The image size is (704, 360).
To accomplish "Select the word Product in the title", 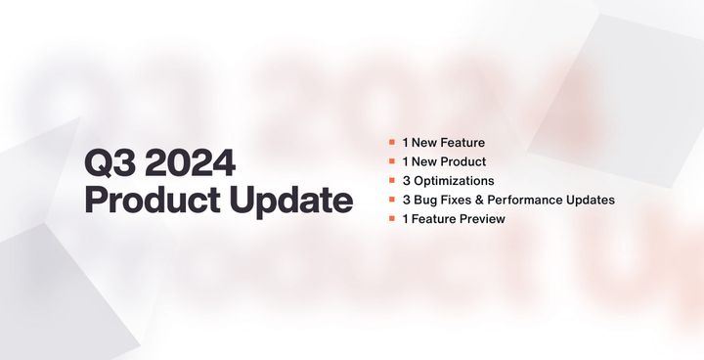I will tap(150, 202).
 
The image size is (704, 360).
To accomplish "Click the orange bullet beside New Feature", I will tap(391, 143).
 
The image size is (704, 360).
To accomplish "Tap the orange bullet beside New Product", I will tap(391, 161).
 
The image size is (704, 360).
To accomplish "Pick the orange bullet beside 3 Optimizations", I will tap(391, 181).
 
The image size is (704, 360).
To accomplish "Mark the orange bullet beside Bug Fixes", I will tap(391, 200).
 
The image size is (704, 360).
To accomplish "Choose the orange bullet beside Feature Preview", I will tap(391, 219).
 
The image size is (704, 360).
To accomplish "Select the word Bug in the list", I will tap(425, 200).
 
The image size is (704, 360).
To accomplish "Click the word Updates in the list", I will tap(594, 200).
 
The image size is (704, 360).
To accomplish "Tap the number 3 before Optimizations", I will tap(405, 181).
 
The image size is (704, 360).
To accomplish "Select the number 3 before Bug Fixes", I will tap(405, 200).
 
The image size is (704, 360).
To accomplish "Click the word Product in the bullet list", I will tap(463, 161).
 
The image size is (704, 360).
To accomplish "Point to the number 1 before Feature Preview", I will tap(404, 219).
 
